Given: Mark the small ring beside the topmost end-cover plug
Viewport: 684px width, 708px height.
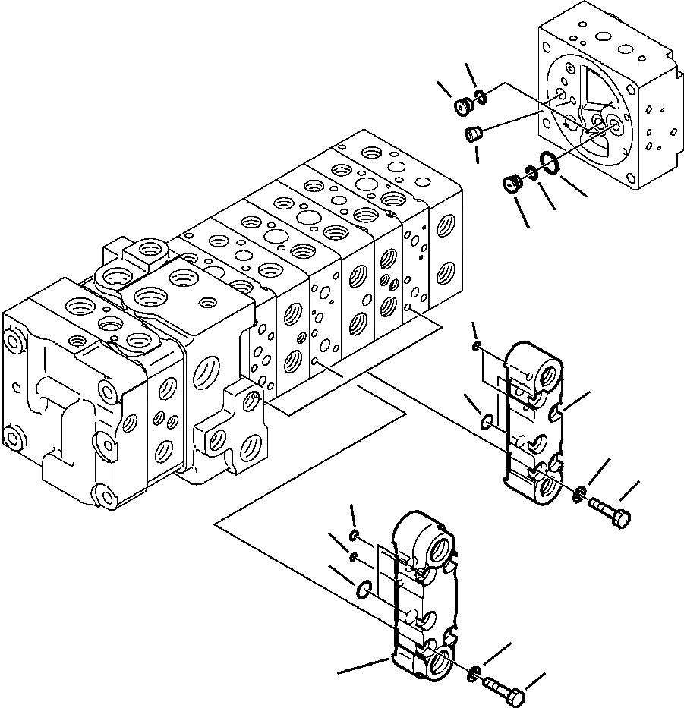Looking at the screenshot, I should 481,96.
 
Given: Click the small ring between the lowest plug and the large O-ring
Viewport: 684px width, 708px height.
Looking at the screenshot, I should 531,174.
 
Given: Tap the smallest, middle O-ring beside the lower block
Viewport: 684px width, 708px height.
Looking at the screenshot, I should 353,558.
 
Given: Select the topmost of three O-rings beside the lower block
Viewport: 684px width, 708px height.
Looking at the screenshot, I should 354,537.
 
